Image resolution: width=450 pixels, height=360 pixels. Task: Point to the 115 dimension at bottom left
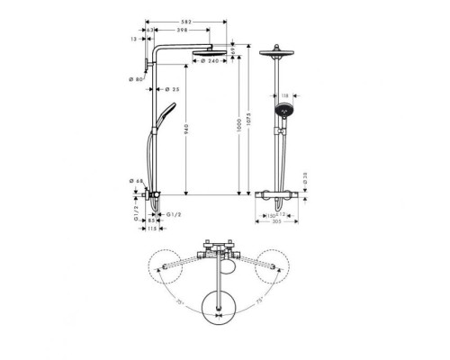[154, 229]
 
